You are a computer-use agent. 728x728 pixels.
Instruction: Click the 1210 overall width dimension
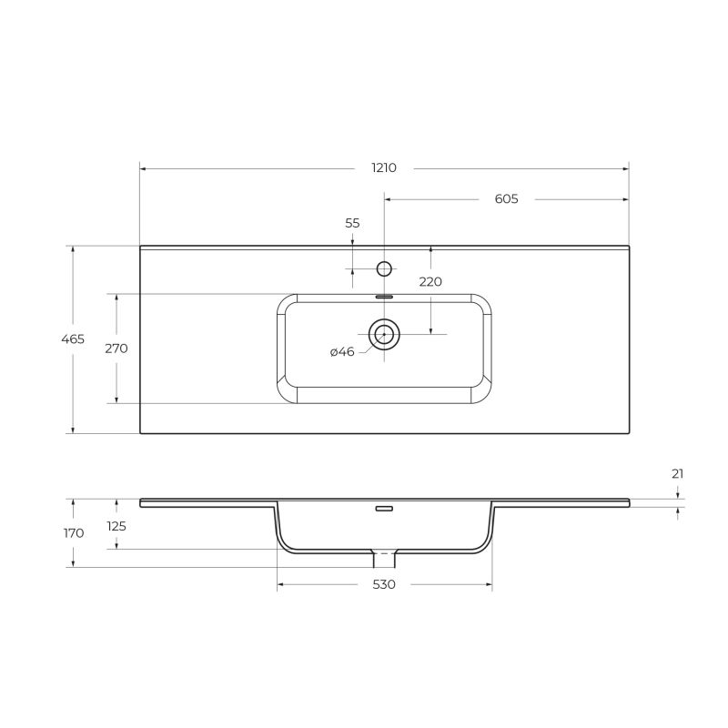[383, 167]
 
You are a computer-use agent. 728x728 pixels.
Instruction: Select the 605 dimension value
[507, 198]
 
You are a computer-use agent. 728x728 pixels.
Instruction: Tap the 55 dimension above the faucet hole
[352, 223]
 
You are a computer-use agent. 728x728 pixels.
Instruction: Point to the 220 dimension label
[430, 281]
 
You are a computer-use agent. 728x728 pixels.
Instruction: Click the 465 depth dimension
[73, 339]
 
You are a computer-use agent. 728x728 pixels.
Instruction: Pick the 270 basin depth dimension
[116, 348]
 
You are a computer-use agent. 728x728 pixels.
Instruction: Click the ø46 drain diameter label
[342, 351]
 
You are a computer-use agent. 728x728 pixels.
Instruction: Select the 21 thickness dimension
[677, 473]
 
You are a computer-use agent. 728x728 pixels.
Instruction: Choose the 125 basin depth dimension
[116, 525]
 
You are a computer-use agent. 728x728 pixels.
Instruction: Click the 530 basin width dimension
[384, 584]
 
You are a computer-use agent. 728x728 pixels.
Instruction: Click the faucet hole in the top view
[384, 268]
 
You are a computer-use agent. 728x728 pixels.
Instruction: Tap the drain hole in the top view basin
[384, 334]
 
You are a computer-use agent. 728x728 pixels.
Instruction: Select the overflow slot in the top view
[384, 297]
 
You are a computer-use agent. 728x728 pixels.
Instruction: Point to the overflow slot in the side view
[384, 509]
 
